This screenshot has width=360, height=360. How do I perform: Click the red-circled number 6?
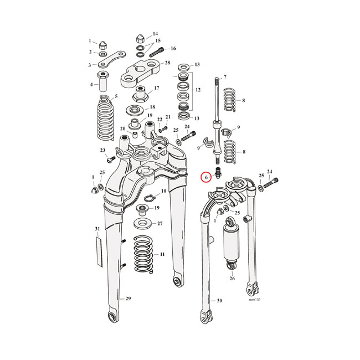pos(205,177)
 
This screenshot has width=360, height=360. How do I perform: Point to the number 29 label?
pos(128,299)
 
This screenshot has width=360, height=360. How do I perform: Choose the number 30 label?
pos(219,301)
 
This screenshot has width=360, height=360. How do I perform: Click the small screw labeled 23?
pos(109,160)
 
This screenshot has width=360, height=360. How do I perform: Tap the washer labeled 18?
pos(135,109)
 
